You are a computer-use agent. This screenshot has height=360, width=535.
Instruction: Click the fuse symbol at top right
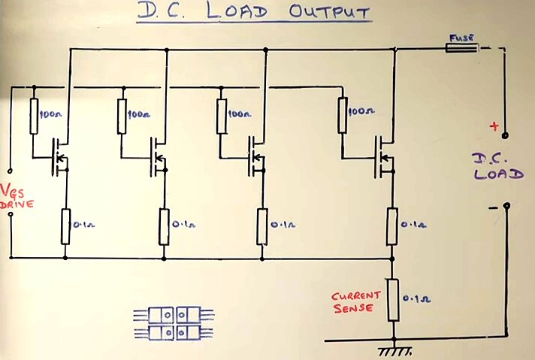pyautogui.click(x=460, y=48)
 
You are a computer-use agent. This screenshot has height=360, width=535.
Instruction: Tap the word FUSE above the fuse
pyautogui.click(x=460, y=35)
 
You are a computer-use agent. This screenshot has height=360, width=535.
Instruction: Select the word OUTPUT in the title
pyautogui.click(x=330, y=14)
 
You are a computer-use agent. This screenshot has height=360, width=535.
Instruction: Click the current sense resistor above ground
pyautogui.click(x=392, y=298)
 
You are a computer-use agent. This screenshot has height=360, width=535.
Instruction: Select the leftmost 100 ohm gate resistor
pyautogui.click(x=34, y=116)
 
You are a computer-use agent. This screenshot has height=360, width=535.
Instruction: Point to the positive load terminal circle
pyautogui.click(x=505, y=136)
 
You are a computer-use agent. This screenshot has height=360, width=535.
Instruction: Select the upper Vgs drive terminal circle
pyautogui.click(x=11, y=169)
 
